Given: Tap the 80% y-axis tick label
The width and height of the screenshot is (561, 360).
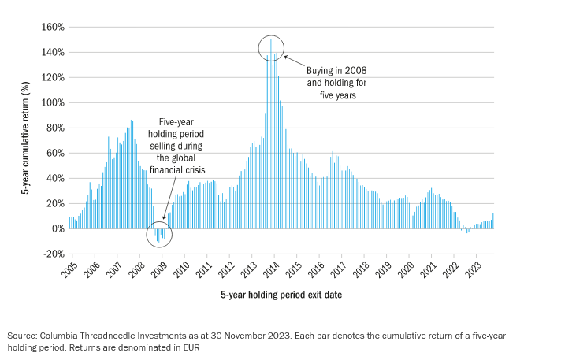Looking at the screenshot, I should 53,128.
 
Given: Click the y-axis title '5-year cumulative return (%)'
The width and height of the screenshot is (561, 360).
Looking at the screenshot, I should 25,142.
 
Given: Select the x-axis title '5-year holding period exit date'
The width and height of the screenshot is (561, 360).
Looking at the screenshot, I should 280,295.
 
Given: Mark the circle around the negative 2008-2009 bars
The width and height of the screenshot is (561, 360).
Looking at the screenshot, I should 160,235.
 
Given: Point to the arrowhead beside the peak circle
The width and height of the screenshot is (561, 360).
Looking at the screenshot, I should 287,57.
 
